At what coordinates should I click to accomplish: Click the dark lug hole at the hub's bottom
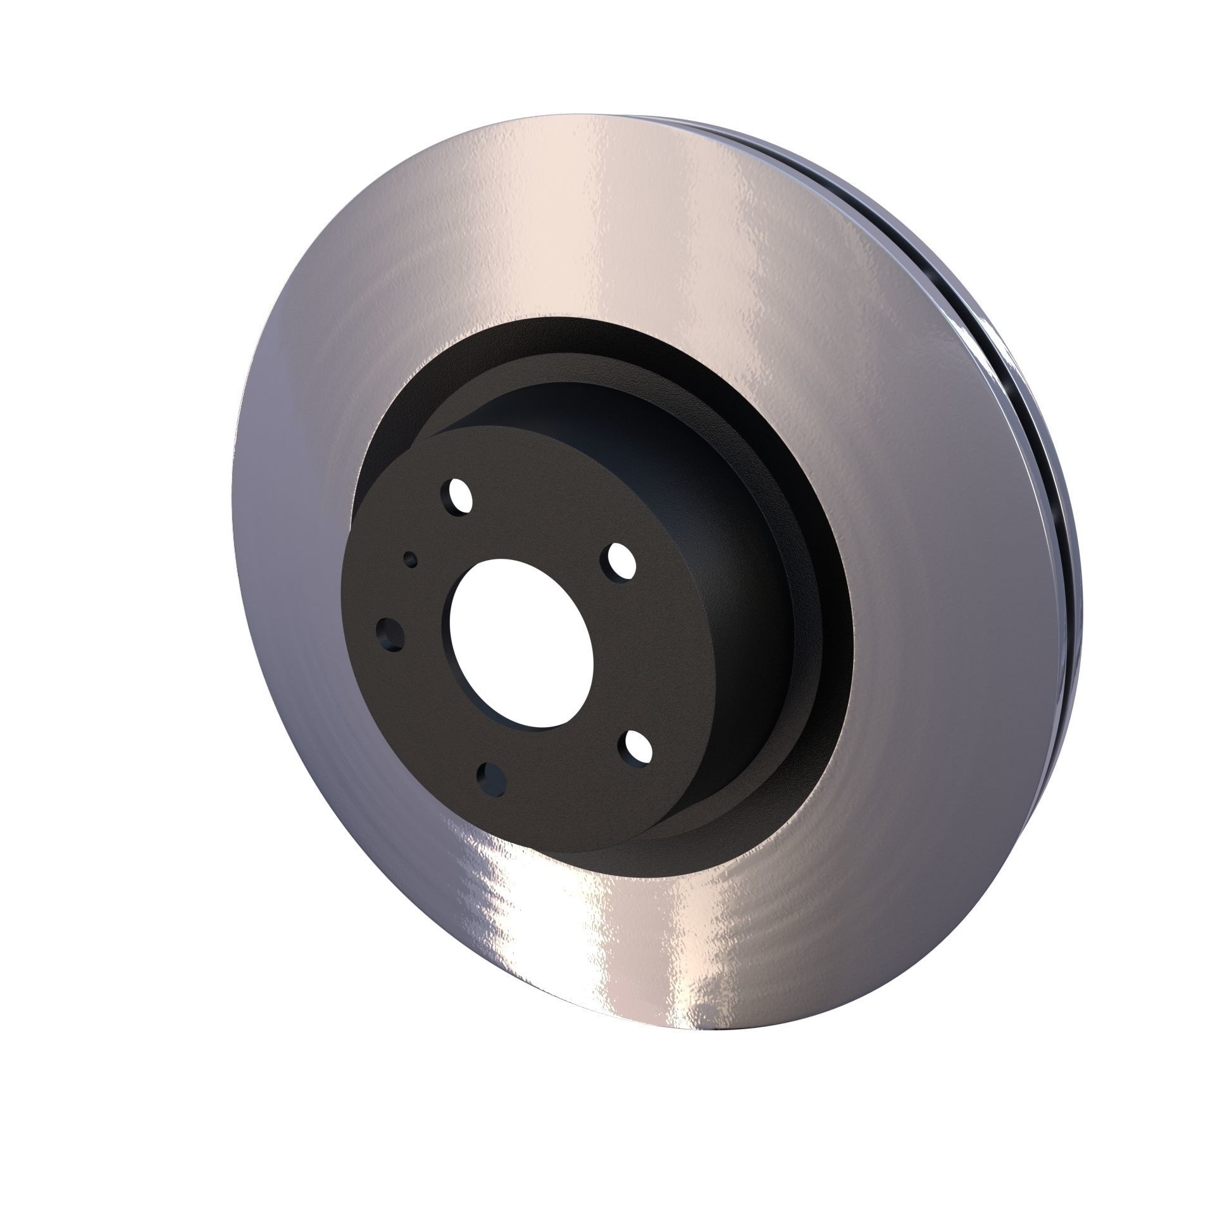pos(492,778)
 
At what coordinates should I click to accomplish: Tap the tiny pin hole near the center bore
pos(411,559)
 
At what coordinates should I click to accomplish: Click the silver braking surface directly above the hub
pos(570,240)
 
